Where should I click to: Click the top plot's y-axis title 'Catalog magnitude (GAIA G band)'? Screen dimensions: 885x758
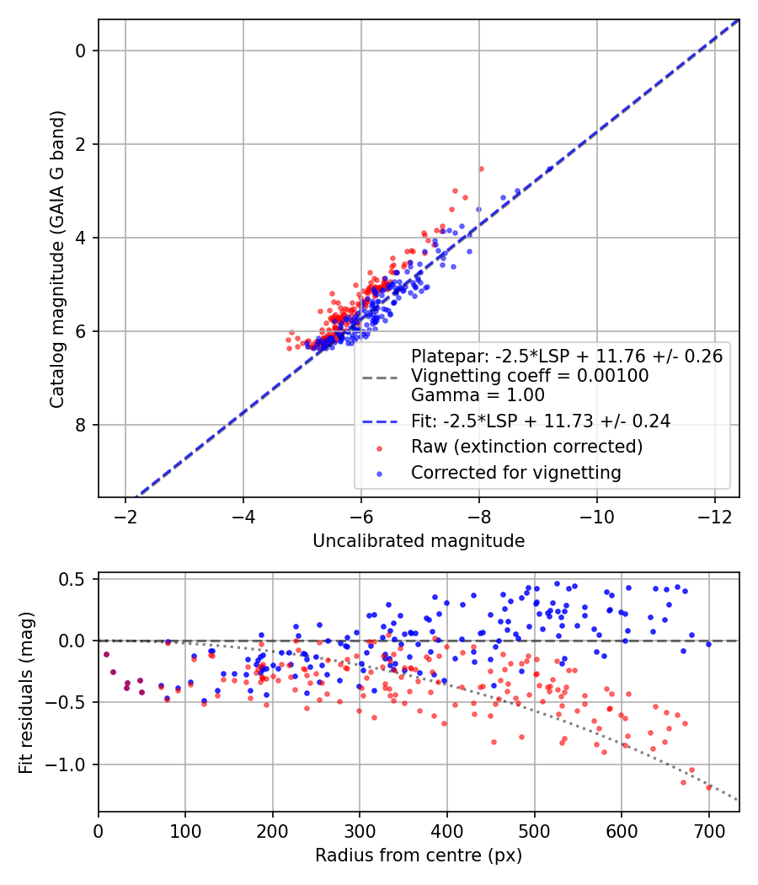coord(56,258)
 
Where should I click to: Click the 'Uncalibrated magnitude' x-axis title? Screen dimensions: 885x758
coord(419,541)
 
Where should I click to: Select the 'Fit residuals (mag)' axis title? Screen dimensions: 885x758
coord(26,692)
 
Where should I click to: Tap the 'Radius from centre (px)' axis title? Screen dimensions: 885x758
coord(419,855)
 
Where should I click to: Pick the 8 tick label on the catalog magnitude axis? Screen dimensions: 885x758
coord(82,425)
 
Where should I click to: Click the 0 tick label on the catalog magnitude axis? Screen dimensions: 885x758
coord(82,51)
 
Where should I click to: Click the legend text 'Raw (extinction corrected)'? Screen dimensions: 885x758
coord(526,446)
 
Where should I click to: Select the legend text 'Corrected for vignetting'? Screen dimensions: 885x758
coord(515,473)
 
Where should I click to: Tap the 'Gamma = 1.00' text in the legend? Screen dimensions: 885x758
coord(478,395)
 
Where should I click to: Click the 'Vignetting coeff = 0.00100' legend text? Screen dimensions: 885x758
coord(530,376)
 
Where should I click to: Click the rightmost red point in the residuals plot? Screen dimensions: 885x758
coord(708,787)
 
